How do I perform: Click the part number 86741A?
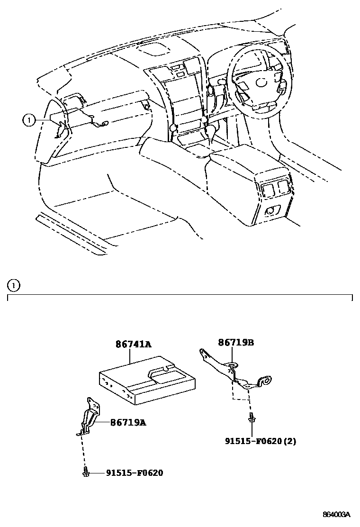coord(134,345)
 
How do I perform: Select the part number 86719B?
coord(236,342)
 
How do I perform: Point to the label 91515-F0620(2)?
coord(261,441)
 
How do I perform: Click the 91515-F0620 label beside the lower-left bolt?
coord(135,473)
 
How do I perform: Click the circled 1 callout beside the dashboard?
coord(29,120)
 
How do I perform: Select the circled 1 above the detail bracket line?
coord(15,285)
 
